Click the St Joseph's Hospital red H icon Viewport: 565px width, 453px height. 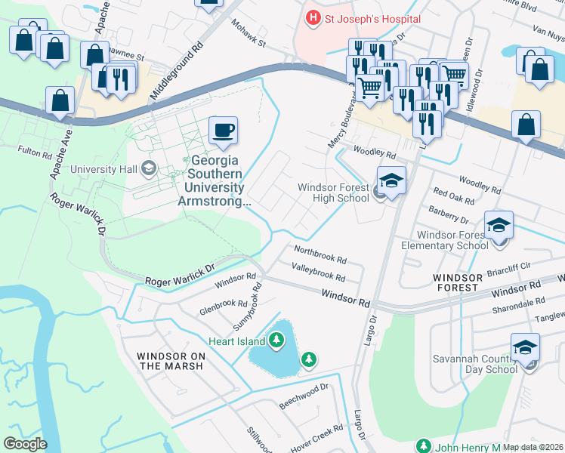tap(311, 17)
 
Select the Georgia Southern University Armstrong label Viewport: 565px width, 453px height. tap(214, 181)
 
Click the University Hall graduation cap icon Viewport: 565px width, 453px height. tap(148, 168)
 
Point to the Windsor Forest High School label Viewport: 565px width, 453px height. tap(333, 193)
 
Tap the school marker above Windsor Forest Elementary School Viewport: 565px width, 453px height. tap(499, 226)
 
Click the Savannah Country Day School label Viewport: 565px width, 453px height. tap(475, 364)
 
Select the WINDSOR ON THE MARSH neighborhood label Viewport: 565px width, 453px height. tap(170, 361)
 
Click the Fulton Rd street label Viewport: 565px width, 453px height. tap(36, 156)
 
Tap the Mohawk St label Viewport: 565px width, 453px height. tap(249, 34)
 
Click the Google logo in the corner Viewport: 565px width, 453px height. tap(25, 444)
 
